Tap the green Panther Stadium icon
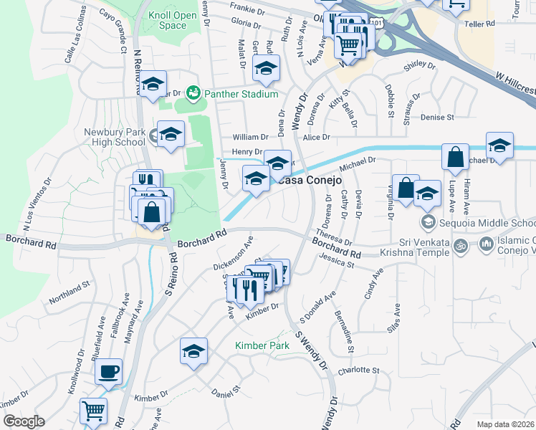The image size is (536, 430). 192,93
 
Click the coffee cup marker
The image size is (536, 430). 108,371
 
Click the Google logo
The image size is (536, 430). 23,421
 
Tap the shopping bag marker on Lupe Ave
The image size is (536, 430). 455,156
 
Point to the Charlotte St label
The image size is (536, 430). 358,370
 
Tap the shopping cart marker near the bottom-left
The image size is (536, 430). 93,411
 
